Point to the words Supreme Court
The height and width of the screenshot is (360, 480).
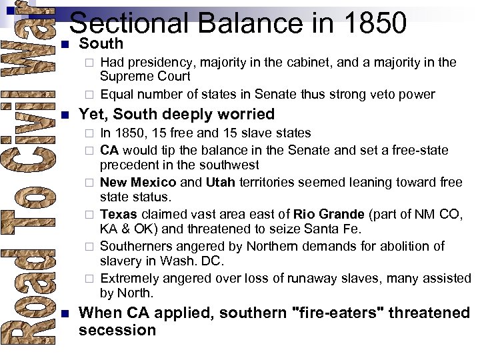145,77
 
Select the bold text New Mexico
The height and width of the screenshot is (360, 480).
138,183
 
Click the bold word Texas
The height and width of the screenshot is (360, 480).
119,215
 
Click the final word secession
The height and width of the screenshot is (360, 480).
117,331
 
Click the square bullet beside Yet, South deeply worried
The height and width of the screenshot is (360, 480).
64,115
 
